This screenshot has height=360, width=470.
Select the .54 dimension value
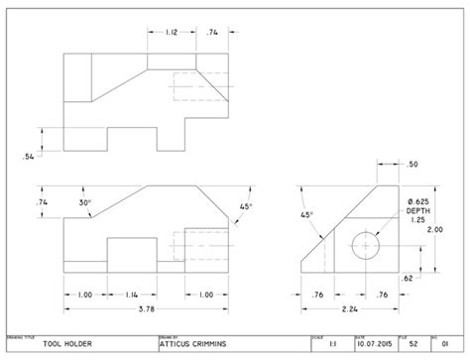[30, 156]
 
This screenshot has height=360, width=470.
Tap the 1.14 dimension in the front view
[132, 294]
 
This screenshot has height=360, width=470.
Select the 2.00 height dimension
[434, 228]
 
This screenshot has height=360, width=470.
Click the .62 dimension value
[409, 281]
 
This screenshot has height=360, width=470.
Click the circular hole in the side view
[368, 243]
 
